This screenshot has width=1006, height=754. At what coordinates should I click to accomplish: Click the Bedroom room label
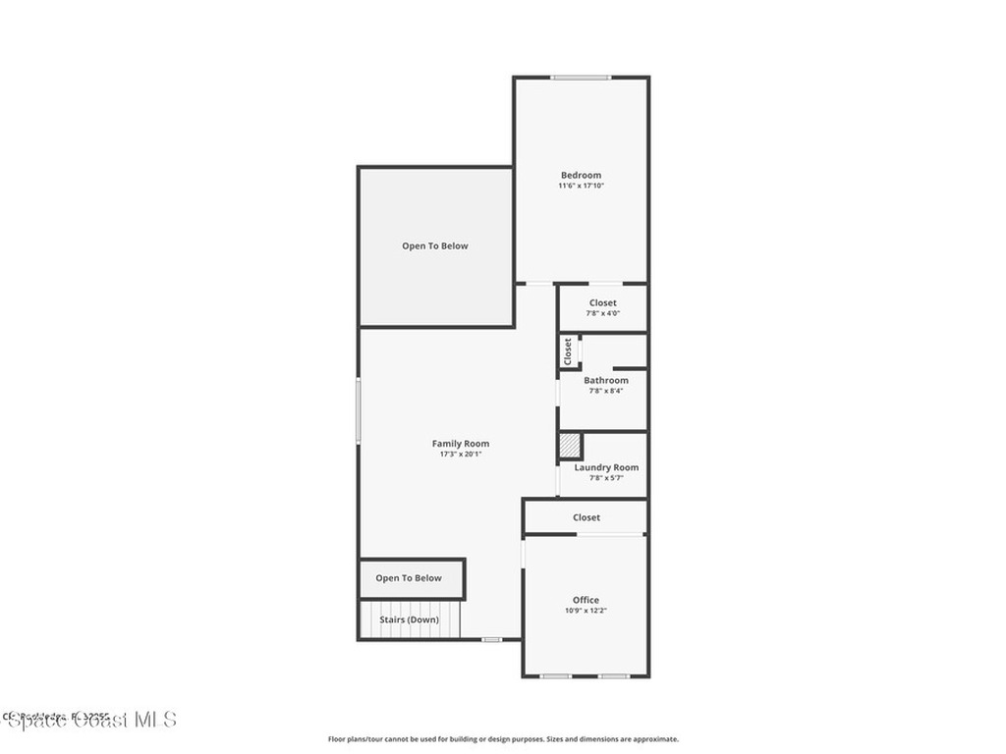(x=581, y=175)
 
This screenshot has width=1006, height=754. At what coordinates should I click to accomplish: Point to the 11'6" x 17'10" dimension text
(x=581, y=186)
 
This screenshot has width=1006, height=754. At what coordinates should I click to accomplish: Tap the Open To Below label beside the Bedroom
(x=435, y=246)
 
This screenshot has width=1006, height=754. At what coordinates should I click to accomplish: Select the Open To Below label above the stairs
(x=409, y=578)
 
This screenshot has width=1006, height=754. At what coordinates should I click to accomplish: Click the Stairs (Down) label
(x=410, y=619)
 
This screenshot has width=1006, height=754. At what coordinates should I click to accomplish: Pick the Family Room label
(x=461, y=444)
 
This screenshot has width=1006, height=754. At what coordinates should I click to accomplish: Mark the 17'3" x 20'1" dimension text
(x=461, y=455)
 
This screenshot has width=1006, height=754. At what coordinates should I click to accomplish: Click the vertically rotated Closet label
(x=568, y=350)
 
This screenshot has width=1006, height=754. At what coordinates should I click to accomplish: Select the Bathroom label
(x=606, y=380)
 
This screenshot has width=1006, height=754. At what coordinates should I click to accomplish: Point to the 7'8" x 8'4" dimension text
(x=606, y=391)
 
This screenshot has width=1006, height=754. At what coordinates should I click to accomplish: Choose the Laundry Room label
(x=606, y=467)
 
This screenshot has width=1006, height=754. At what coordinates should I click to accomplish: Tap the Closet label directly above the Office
(x=587, y=517)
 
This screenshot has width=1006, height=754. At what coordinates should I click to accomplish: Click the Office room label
(x=586, y=600)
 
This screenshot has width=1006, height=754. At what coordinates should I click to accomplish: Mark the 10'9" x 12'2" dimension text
(x=586, y=611)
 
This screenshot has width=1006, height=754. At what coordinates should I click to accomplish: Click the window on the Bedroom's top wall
(x=581, y=77)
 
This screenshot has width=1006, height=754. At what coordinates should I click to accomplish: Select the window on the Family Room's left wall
(x=359, y=410)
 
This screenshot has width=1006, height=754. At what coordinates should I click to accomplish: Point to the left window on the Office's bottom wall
(x=556, y=675)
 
